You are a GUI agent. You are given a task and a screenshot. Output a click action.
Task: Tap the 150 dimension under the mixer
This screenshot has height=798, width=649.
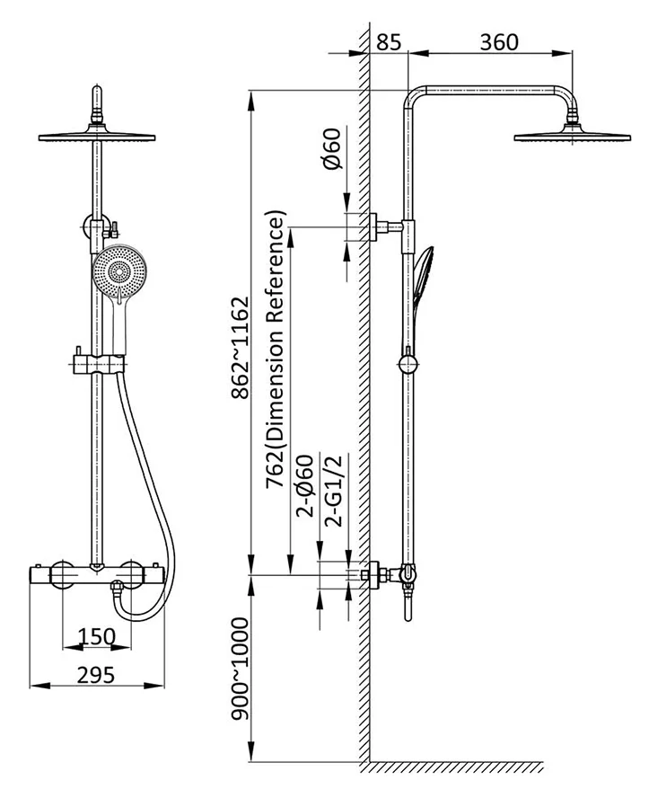[97, 636]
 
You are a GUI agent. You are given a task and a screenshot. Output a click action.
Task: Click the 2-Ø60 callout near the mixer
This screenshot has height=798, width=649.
[305, 485]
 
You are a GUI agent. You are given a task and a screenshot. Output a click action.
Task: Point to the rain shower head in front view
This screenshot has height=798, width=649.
[97, 137]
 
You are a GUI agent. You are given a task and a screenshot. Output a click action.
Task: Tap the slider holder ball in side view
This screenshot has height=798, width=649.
[408, 364]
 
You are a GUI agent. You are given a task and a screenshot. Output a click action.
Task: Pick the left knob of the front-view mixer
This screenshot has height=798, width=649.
[62, 572]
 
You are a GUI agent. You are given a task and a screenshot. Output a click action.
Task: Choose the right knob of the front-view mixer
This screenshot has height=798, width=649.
[132, 572]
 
